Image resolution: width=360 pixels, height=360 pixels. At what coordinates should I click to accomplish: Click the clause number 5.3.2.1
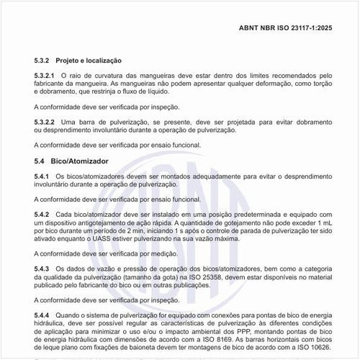(x=45, y=75)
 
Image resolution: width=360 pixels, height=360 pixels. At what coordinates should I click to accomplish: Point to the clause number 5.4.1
(x=42, y=176)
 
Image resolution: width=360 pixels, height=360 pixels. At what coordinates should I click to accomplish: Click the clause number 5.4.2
(x=42, y=214)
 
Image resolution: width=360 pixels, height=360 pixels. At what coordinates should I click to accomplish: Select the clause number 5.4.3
(x=42, y=268)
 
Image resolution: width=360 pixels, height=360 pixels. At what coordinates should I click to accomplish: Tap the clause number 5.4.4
(x=42, y=315)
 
